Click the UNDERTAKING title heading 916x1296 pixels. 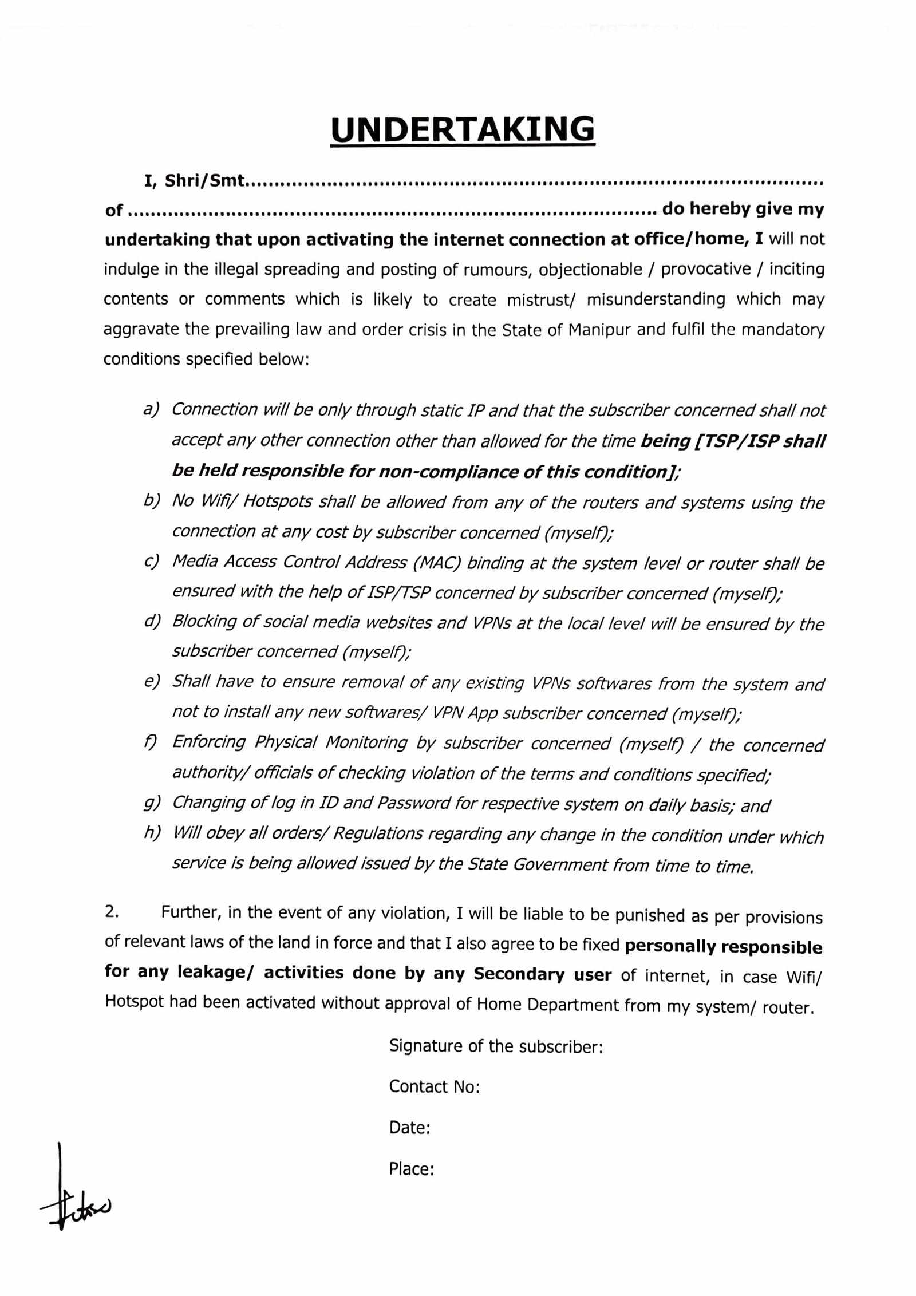463,129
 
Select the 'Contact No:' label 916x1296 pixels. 434,1086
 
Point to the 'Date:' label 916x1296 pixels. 409,1127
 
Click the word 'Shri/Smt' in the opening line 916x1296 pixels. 205,181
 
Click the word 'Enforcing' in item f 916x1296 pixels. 209,742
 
